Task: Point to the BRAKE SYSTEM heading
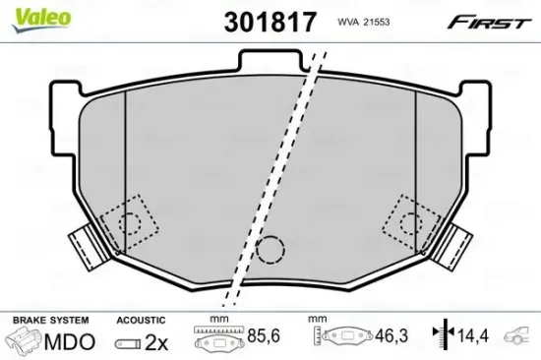[48, 321]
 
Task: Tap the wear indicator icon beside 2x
[128, 342]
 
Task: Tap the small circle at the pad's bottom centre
[269, 251]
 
